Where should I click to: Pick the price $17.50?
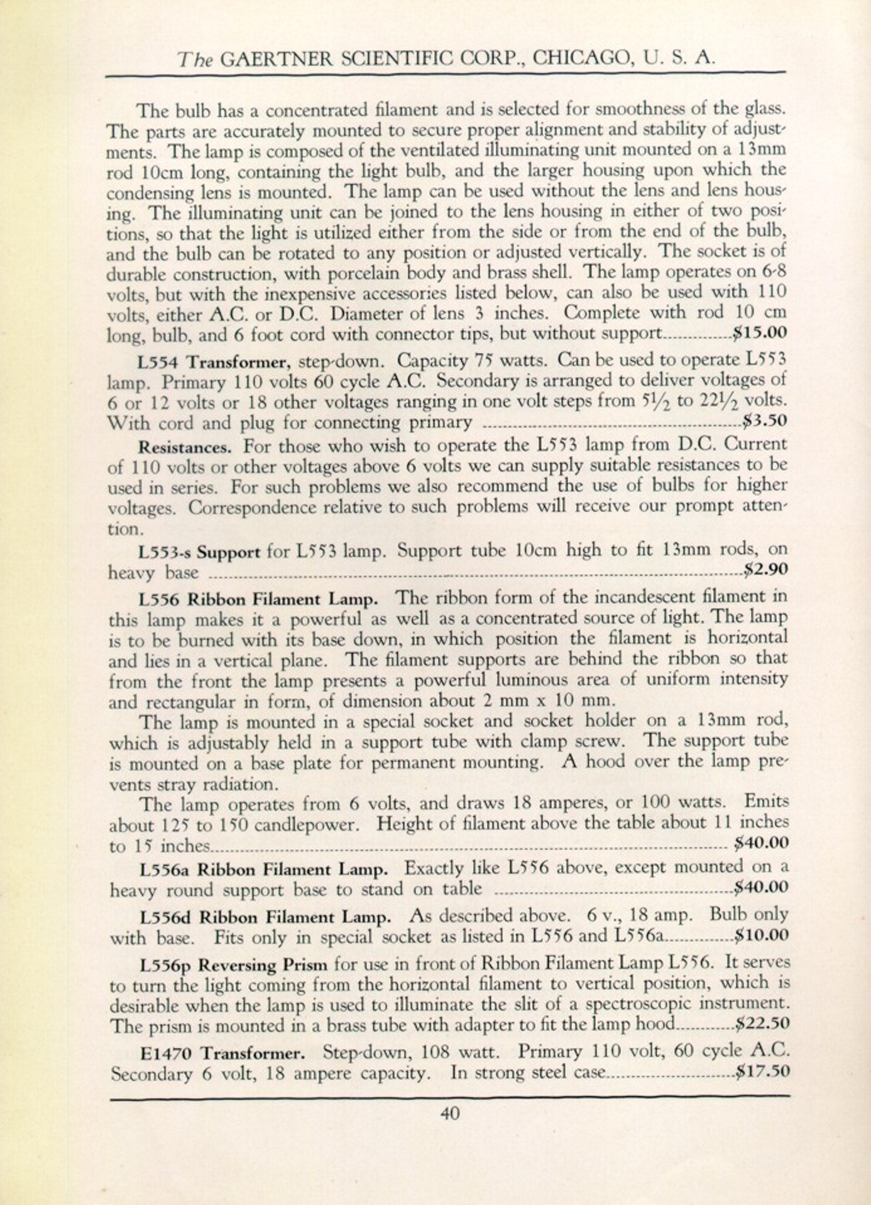[763, 1070]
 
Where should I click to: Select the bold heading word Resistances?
[185, 447]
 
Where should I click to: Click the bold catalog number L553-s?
[165, 553]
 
